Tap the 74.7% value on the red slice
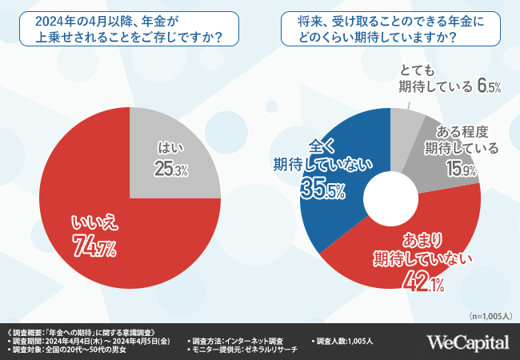point(94,245)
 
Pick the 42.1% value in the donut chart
point(424,282)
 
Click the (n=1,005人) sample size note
point(490,317)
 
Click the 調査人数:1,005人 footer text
point(344,342)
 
